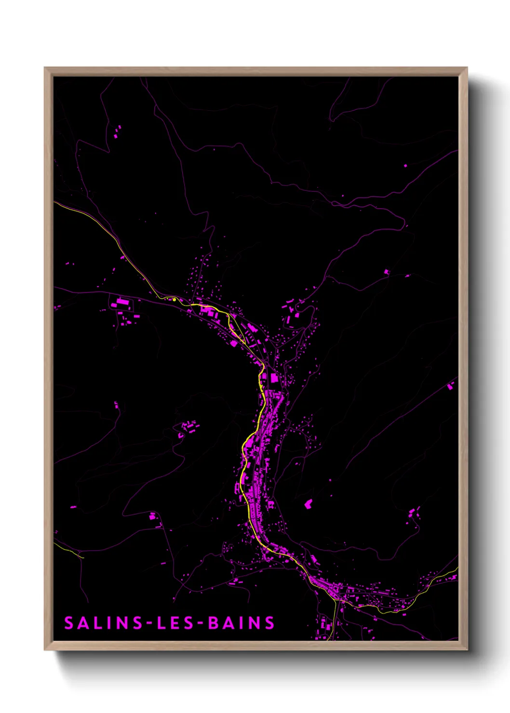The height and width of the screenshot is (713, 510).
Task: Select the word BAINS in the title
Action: pos(241,623)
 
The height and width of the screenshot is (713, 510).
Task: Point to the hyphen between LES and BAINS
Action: pos(200,623)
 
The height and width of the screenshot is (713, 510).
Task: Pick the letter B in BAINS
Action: pos(213,623)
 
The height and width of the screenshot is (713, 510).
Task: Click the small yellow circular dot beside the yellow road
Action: pos(174,299)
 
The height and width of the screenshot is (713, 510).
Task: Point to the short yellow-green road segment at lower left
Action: pos(72,552)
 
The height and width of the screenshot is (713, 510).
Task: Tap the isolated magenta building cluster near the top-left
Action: pos(117,132)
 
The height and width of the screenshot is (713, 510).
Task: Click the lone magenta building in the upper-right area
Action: pos(405,166)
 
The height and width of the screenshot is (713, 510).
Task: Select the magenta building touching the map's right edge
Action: pos(451,385)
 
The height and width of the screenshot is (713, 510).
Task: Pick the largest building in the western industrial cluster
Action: pos(122,303)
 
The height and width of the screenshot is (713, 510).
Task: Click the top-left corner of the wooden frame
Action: pos(45,68)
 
